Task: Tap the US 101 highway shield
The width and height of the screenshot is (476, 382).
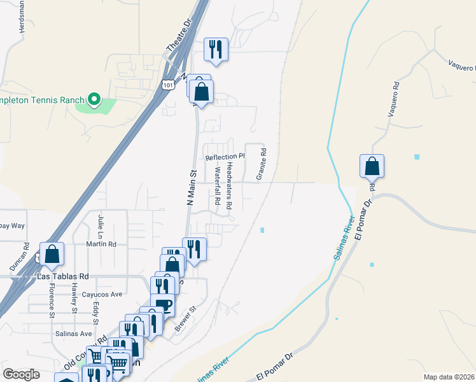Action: click(167, 85)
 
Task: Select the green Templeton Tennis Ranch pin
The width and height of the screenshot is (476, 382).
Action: click(94, 99)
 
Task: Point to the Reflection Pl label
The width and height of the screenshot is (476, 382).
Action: click(225, 156)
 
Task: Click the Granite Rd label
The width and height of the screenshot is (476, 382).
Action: click(261, 164)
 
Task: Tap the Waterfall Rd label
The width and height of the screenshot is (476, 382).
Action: click(218, 186)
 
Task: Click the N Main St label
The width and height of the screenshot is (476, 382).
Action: click(190, 186)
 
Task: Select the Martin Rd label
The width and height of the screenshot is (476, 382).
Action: click(103, 244)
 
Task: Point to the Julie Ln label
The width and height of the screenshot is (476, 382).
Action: click(100, 225)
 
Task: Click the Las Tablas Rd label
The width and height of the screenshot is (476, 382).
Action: click(63, 277)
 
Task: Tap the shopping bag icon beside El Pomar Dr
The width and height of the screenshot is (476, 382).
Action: click(372, 167)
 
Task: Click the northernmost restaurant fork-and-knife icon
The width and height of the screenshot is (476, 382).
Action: click(216, 49)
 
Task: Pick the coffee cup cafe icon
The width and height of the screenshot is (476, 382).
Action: click(163, 306)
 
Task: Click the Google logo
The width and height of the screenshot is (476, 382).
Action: click(22, 374)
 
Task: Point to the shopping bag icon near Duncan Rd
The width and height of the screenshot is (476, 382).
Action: click(52, 254)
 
